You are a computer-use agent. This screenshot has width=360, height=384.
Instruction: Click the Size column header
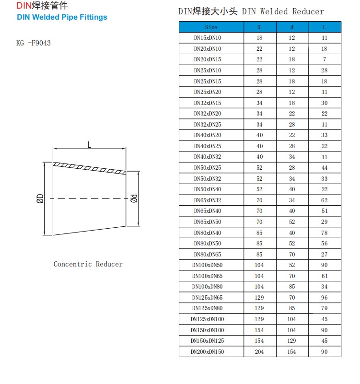211,27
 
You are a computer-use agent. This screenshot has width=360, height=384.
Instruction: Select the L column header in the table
325,27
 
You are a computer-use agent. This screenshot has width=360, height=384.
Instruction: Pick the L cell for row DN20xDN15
325,59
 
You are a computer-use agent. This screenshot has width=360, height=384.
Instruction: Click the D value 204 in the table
259,351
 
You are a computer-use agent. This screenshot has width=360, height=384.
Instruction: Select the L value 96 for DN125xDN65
325,297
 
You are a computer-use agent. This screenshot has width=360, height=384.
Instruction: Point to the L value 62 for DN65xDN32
325,200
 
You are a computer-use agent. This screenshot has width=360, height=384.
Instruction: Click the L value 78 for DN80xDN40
325,233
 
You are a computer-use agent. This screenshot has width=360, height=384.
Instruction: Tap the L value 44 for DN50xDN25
325,167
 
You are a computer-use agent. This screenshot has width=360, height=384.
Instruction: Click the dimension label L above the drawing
89,143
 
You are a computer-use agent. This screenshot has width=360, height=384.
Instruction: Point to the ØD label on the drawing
40,198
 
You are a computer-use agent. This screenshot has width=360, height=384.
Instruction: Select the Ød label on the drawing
134,198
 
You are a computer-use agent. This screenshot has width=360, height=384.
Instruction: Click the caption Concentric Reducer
88,264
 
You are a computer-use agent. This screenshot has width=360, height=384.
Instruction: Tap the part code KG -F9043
34,43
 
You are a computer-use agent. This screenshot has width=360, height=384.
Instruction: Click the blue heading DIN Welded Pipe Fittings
62,17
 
